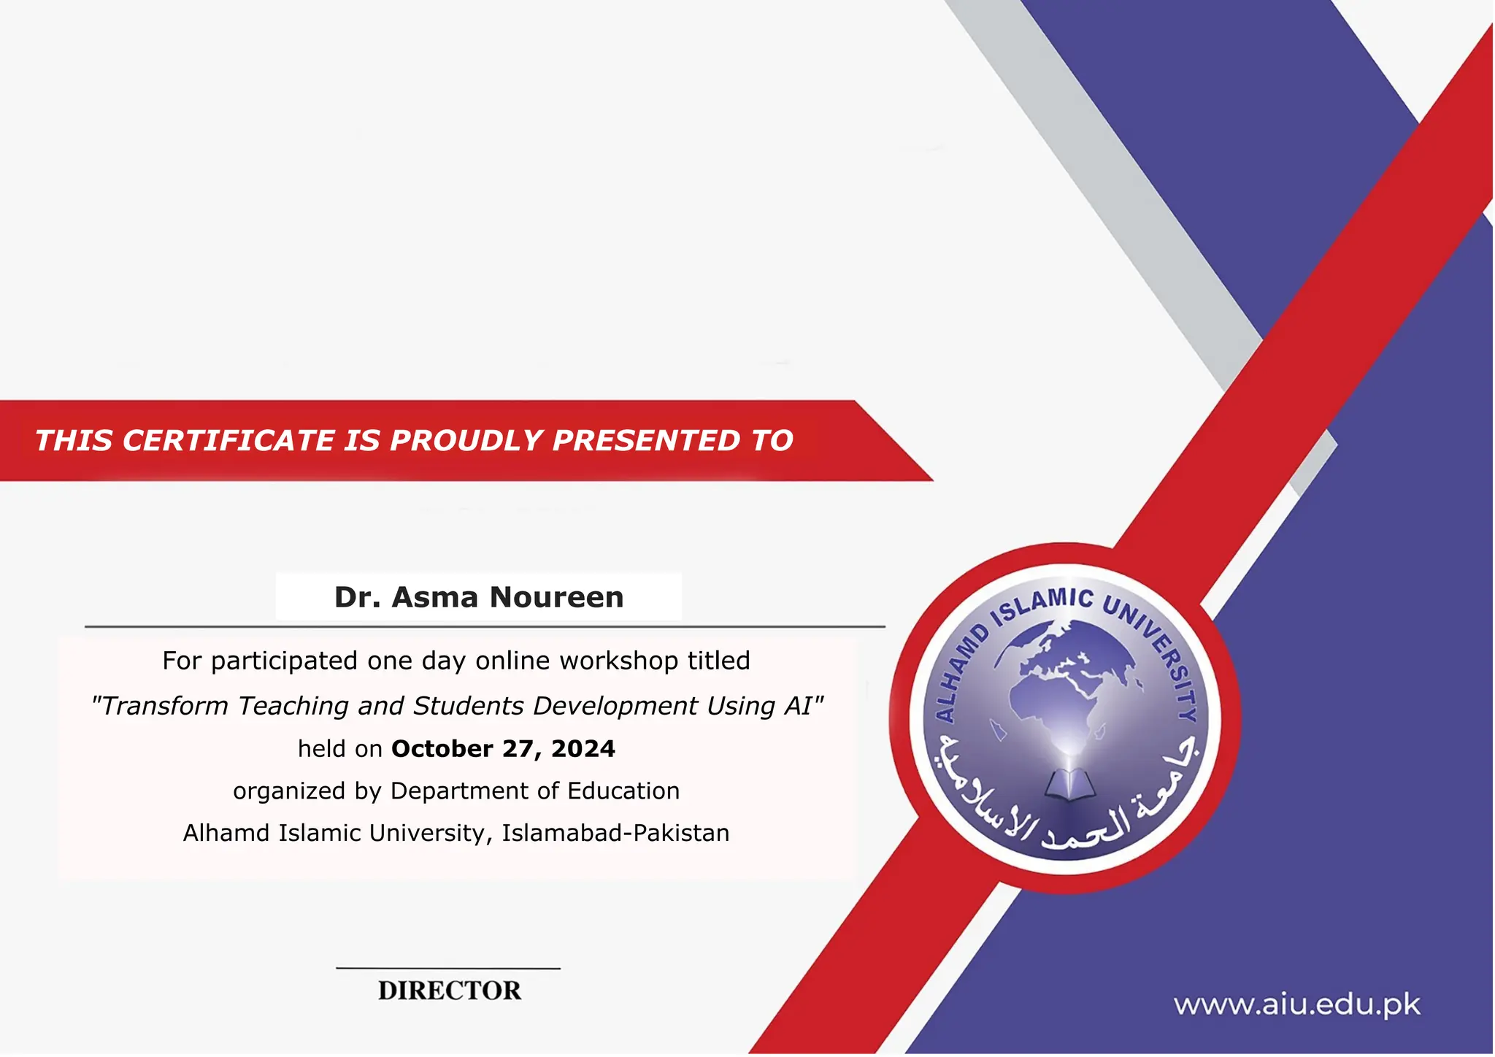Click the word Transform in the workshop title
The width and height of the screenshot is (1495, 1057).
(x=164, y=706)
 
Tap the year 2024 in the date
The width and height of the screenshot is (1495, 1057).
(x=583, y=749)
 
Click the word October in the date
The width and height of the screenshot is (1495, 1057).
(x=442, y=749)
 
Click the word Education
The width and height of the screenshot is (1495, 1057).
(x=623, y=791)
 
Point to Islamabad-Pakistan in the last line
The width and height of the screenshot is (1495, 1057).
(x=615, y=833)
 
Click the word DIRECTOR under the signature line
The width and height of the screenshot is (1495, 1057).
(x=450, y=991)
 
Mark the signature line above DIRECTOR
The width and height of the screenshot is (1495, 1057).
(x=448, y=969)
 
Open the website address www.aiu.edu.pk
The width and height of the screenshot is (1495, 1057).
(x=1296, y=1005)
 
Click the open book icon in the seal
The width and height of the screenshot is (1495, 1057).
(x=1069, y=785)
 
